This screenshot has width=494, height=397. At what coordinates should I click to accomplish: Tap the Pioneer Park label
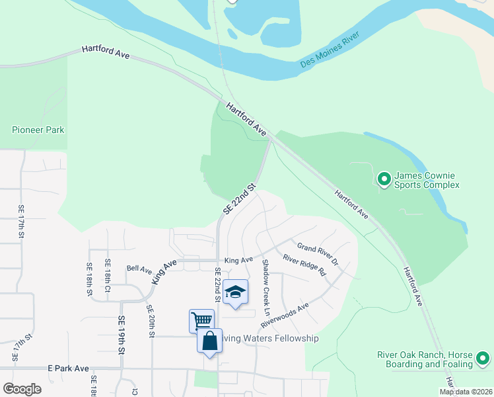tap(38, 130)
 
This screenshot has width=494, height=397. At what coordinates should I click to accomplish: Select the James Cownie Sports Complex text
tap(426, 180)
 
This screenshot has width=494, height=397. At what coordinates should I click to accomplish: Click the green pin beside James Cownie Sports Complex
tap(383, 179)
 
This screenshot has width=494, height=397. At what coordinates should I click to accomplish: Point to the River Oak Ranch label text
tap(425, 359)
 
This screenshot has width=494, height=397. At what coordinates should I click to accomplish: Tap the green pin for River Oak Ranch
tap(483, 360)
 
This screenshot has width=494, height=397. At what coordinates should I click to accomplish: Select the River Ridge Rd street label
tap(304, 265)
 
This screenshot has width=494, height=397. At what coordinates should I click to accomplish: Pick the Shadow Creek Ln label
tap(267, 287)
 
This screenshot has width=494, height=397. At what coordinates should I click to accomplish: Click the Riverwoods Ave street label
tap(285, 316)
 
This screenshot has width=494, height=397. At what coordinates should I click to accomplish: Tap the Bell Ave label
tap(139, 269)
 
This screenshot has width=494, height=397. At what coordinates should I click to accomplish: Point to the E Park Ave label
tap(67, 368)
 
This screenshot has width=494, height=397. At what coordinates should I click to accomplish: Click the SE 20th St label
tap(151, 322)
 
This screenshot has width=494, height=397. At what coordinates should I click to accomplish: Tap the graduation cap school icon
tap(235, 292)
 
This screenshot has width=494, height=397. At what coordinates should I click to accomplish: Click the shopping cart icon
tap(201, 321)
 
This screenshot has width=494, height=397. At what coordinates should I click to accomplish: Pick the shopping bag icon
tap(209, 341)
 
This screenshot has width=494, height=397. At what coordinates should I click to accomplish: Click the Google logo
tap(22, 389)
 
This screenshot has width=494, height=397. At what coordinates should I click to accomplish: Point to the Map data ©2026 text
tap(465, 392)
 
